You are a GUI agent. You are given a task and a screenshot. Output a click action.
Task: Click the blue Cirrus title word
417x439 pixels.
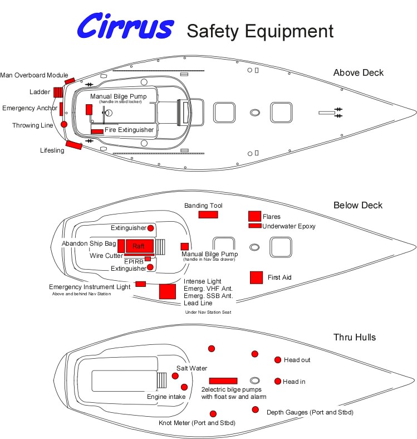tap(125, 27)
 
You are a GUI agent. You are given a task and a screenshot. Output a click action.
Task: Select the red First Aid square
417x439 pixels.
tap(256, 277)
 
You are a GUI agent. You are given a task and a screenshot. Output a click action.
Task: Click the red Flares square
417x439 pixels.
tap(254, 216)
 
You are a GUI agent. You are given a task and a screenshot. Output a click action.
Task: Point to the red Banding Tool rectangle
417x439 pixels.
tap(208, 214)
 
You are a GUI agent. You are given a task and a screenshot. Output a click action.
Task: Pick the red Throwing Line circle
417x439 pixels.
tap(64, 124)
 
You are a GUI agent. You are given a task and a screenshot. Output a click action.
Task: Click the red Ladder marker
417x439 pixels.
tap(58, 92)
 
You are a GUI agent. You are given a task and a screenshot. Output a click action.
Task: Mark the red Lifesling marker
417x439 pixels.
tap(73, 146)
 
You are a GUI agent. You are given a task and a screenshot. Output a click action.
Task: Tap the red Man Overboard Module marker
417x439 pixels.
tap(70, 81)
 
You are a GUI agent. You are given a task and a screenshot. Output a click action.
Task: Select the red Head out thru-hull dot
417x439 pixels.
tap(278, 360)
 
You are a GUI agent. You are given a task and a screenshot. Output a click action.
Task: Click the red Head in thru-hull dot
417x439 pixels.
tap(278, 381)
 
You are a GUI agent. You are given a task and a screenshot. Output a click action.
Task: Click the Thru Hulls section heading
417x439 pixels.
tap(355, 337)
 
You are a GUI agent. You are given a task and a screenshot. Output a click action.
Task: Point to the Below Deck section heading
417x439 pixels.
tap(358, 205)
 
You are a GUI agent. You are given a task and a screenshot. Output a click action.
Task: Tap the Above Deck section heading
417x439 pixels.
tap(358, 72)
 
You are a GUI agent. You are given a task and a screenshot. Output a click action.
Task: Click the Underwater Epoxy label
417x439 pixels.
tap(289, 226)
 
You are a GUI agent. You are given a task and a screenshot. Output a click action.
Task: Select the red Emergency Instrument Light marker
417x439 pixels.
tap(140, 284)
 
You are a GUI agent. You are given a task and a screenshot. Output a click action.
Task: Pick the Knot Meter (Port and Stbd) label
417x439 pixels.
tap(197, 423)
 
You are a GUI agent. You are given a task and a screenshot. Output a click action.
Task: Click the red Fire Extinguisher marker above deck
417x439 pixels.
tap(97, 131)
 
